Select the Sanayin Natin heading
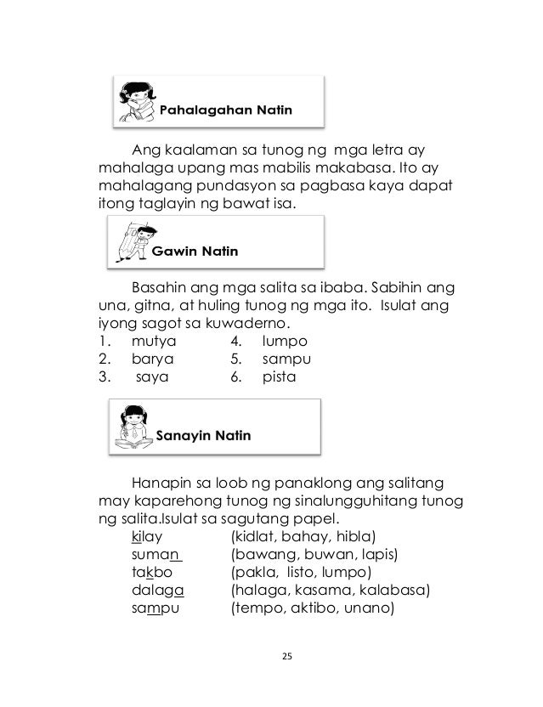pyautogui.click(x=204, y=436)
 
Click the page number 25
pyautogui.click(x=272, y=657)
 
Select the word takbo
pyautogui.click(x=153, y=573)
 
